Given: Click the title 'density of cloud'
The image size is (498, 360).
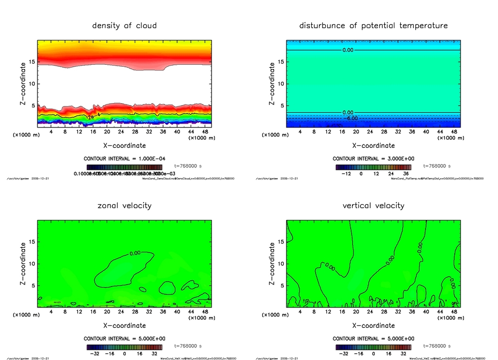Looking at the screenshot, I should [124, 25].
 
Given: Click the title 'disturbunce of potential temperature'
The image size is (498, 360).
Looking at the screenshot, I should [373, 25].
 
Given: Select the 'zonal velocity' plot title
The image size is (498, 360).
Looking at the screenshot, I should [124, 205].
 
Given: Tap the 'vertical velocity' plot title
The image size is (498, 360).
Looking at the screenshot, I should [373, 205].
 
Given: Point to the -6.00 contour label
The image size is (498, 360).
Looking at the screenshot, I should [351, 118].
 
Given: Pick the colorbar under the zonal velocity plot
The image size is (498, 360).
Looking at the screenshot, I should [124, 347].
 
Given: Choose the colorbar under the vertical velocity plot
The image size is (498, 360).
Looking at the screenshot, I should [373, 347].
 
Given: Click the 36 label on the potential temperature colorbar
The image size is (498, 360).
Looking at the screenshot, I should [406, 174].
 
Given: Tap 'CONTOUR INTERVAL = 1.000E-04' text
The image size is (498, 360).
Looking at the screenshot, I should [124, 159].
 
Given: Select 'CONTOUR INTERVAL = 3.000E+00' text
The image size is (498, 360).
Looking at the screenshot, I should [373, 159].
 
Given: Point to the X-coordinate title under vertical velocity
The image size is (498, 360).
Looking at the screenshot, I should [373, 325].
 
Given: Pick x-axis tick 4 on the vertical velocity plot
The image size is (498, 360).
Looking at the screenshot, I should [301, 312].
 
